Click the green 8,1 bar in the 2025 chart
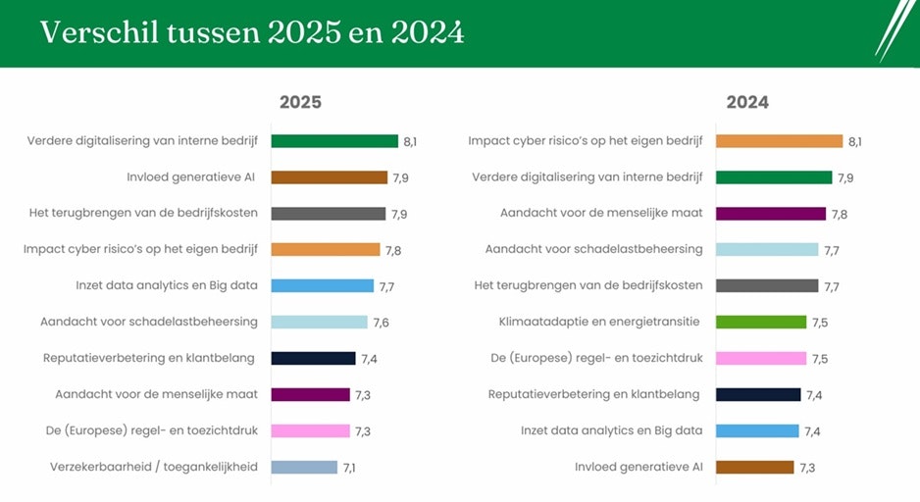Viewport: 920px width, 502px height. tap(334, 141)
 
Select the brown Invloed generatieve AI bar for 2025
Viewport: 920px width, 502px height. tap(330, 177)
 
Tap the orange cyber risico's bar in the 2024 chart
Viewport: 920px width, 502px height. tap(780, 141)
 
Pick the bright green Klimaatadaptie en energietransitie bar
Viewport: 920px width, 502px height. tap(761, 323)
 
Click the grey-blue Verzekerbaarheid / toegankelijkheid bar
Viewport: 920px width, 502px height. tap(304, 468)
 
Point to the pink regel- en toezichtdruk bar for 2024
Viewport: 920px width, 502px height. tap(761, 359)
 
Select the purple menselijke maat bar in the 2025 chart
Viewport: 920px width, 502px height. tap(310, 395)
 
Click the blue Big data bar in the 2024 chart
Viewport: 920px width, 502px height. tap(757, 431)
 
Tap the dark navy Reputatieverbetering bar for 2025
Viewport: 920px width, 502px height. tap(313, 359)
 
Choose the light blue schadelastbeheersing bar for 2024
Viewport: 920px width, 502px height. tap(767, 250)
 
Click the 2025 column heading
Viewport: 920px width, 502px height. tap(300, 102)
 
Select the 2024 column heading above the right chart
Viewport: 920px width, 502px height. tap(747, 102)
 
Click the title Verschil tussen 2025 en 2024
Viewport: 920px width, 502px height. tap(252, 32)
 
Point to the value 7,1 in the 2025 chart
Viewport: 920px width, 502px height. tap(349, 468)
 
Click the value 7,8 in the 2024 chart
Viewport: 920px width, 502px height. tap(840, 214)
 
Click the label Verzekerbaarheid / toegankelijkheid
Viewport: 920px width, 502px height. tap(154, 468)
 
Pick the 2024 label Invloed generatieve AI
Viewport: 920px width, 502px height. tap(639, 468)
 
